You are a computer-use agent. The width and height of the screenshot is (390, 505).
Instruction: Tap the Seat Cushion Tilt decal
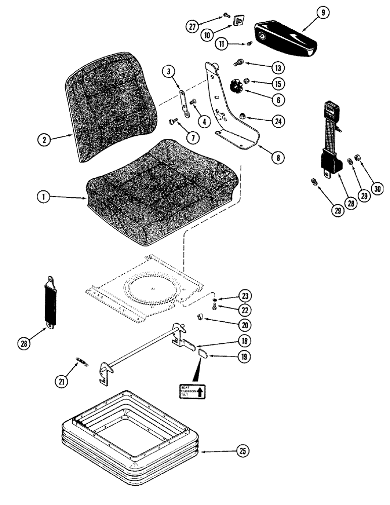[x=192, y=390]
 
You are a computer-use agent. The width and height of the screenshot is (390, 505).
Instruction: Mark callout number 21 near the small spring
[x=62, y=382]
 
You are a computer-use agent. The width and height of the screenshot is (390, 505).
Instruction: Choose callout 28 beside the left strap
[x=23, y=343]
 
